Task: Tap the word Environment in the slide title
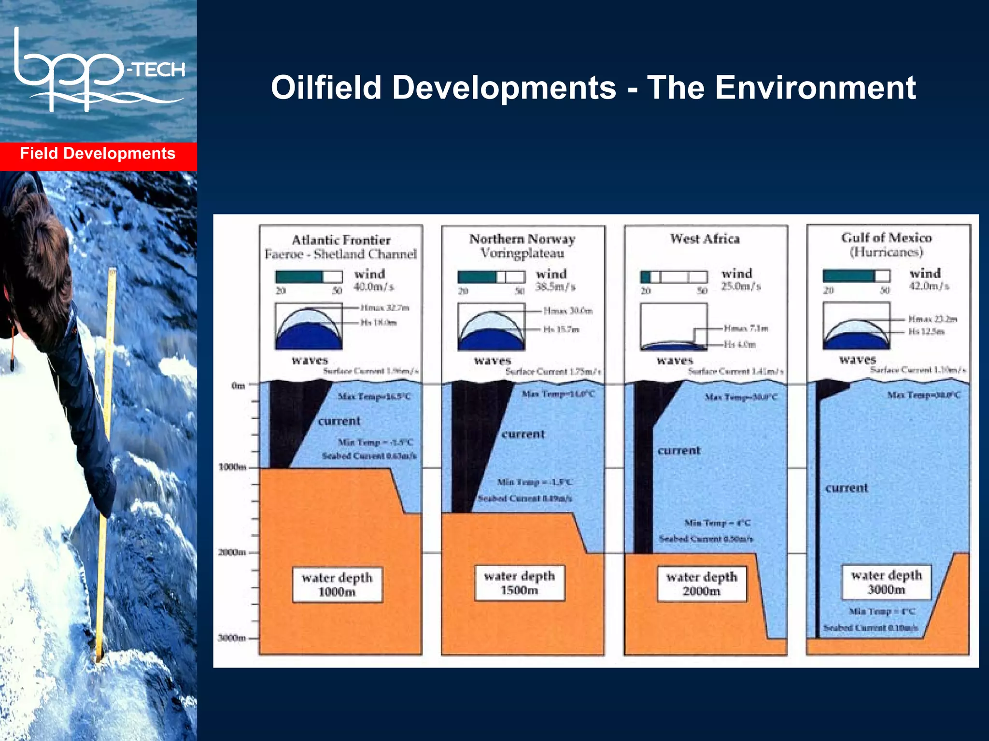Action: tap(815, 88)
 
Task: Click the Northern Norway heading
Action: tap(522, 239)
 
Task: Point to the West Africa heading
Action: tap(705, 239)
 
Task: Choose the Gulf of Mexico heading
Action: tap(886, 238)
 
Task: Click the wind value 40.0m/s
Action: tap(374, 287)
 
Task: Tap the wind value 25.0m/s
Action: tap(741, 286)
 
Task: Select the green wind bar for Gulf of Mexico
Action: tap(848, 276)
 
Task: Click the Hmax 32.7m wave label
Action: tap(385, 308)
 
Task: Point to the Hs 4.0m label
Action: tap(739, 344)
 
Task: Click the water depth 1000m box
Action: tap(337, 584)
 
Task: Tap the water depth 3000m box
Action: tap(886, 582)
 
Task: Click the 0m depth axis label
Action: tap(239, 385)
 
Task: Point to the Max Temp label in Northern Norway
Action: tap(558, 394)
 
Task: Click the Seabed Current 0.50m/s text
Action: tap(706, 539)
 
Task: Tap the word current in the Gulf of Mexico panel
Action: tap(846, 488)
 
